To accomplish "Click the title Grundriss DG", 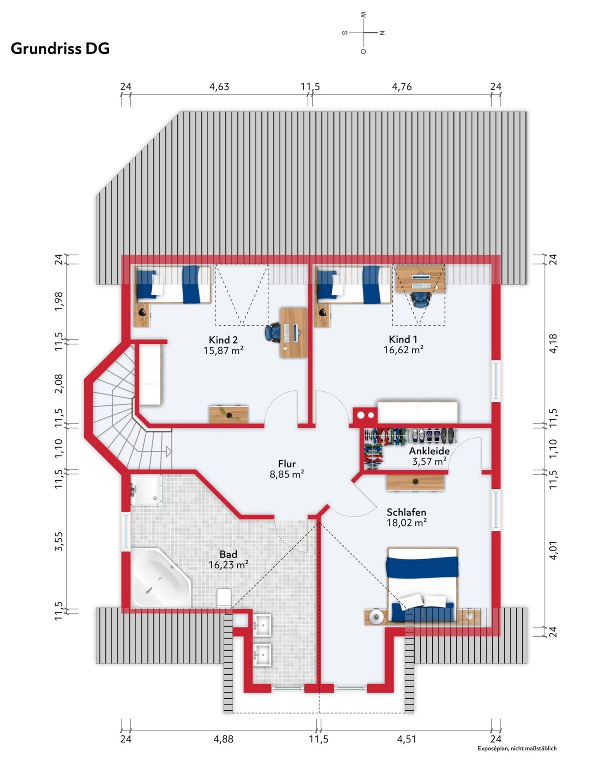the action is (x=60, y=49).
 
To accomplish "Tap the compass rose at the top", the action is (x=363, y=33).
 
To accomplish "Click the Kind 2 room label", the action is (x=223, y=340).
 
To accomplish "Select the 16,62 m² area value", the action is (x=404, y=350).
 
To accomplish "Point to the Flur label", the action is (x=287, y=463).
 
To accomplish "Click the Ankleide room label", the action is (x=429, y=451).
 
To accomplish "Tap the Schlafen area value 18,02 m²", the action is (x=407, y=523).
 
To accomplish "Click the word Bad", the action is (x=228, y=554).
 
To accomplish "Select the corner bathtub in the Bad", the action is (x=161, y=578).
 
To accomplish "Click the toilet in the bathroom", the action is (x=224, y=597).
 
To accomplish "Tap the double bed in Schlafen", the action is (x=422, y=584).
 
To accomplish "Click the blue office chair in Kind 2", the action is (x=273, y=332).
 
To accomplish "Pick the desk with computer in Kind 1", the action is (x=421, y=279).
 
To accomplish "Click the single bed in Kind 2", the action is (x=173, y=284).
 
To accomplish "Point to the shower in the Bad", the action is (x=146, y=490).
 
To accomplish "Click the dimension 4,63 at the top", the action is (x=219, y=87).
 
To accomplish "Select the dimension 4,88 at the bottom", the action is (x=223, y=739).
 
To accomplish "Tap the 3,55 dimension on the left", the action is (x=59, y=541).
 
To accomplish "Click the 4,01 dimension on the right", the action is (x=553, y=550).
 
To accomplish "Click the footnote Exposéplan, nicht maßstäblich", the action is (x=517, y=748).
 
